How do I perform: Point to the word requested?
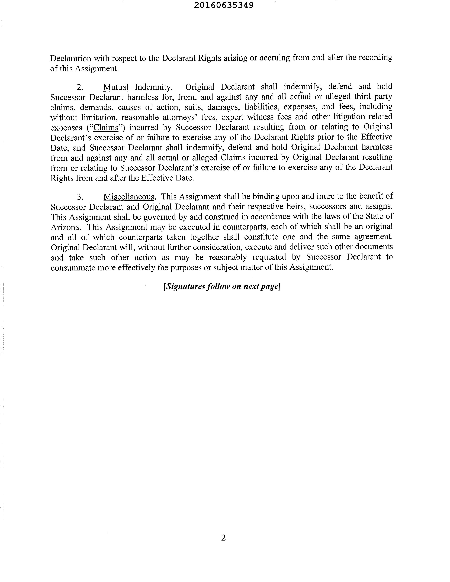pos(269,257)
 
